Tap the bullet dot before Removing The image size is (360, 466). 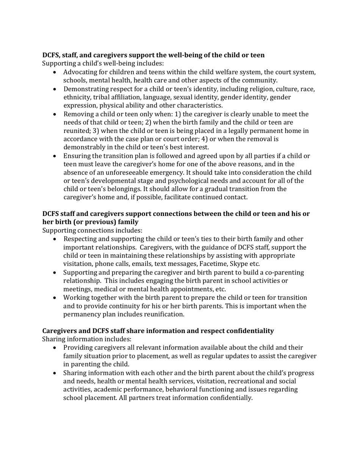tap(56, 114)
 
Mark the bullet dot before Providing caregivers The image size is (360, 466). tap(56, 348)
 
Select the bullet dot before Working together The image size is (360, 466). tap(56, 298)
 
